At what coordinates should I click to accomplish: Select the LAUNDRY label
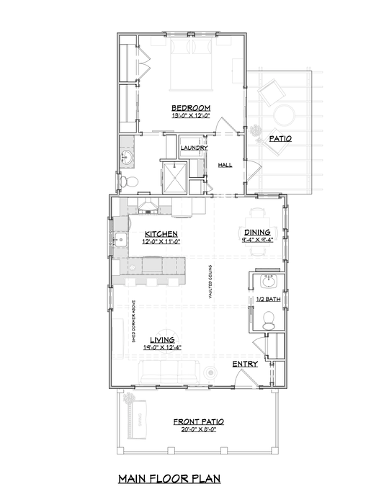tap(194, 148)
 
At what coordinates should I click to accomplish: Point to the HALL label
tap(225, 165)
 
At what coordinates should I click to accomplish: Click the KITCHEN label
tap(161, 234)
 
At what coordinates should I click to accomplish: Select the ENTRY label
tap(245, 364)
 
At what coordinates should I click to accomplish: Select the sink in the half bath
tap(269, 279)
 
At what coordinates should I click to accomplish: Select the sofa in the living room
tap(170, 373)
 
